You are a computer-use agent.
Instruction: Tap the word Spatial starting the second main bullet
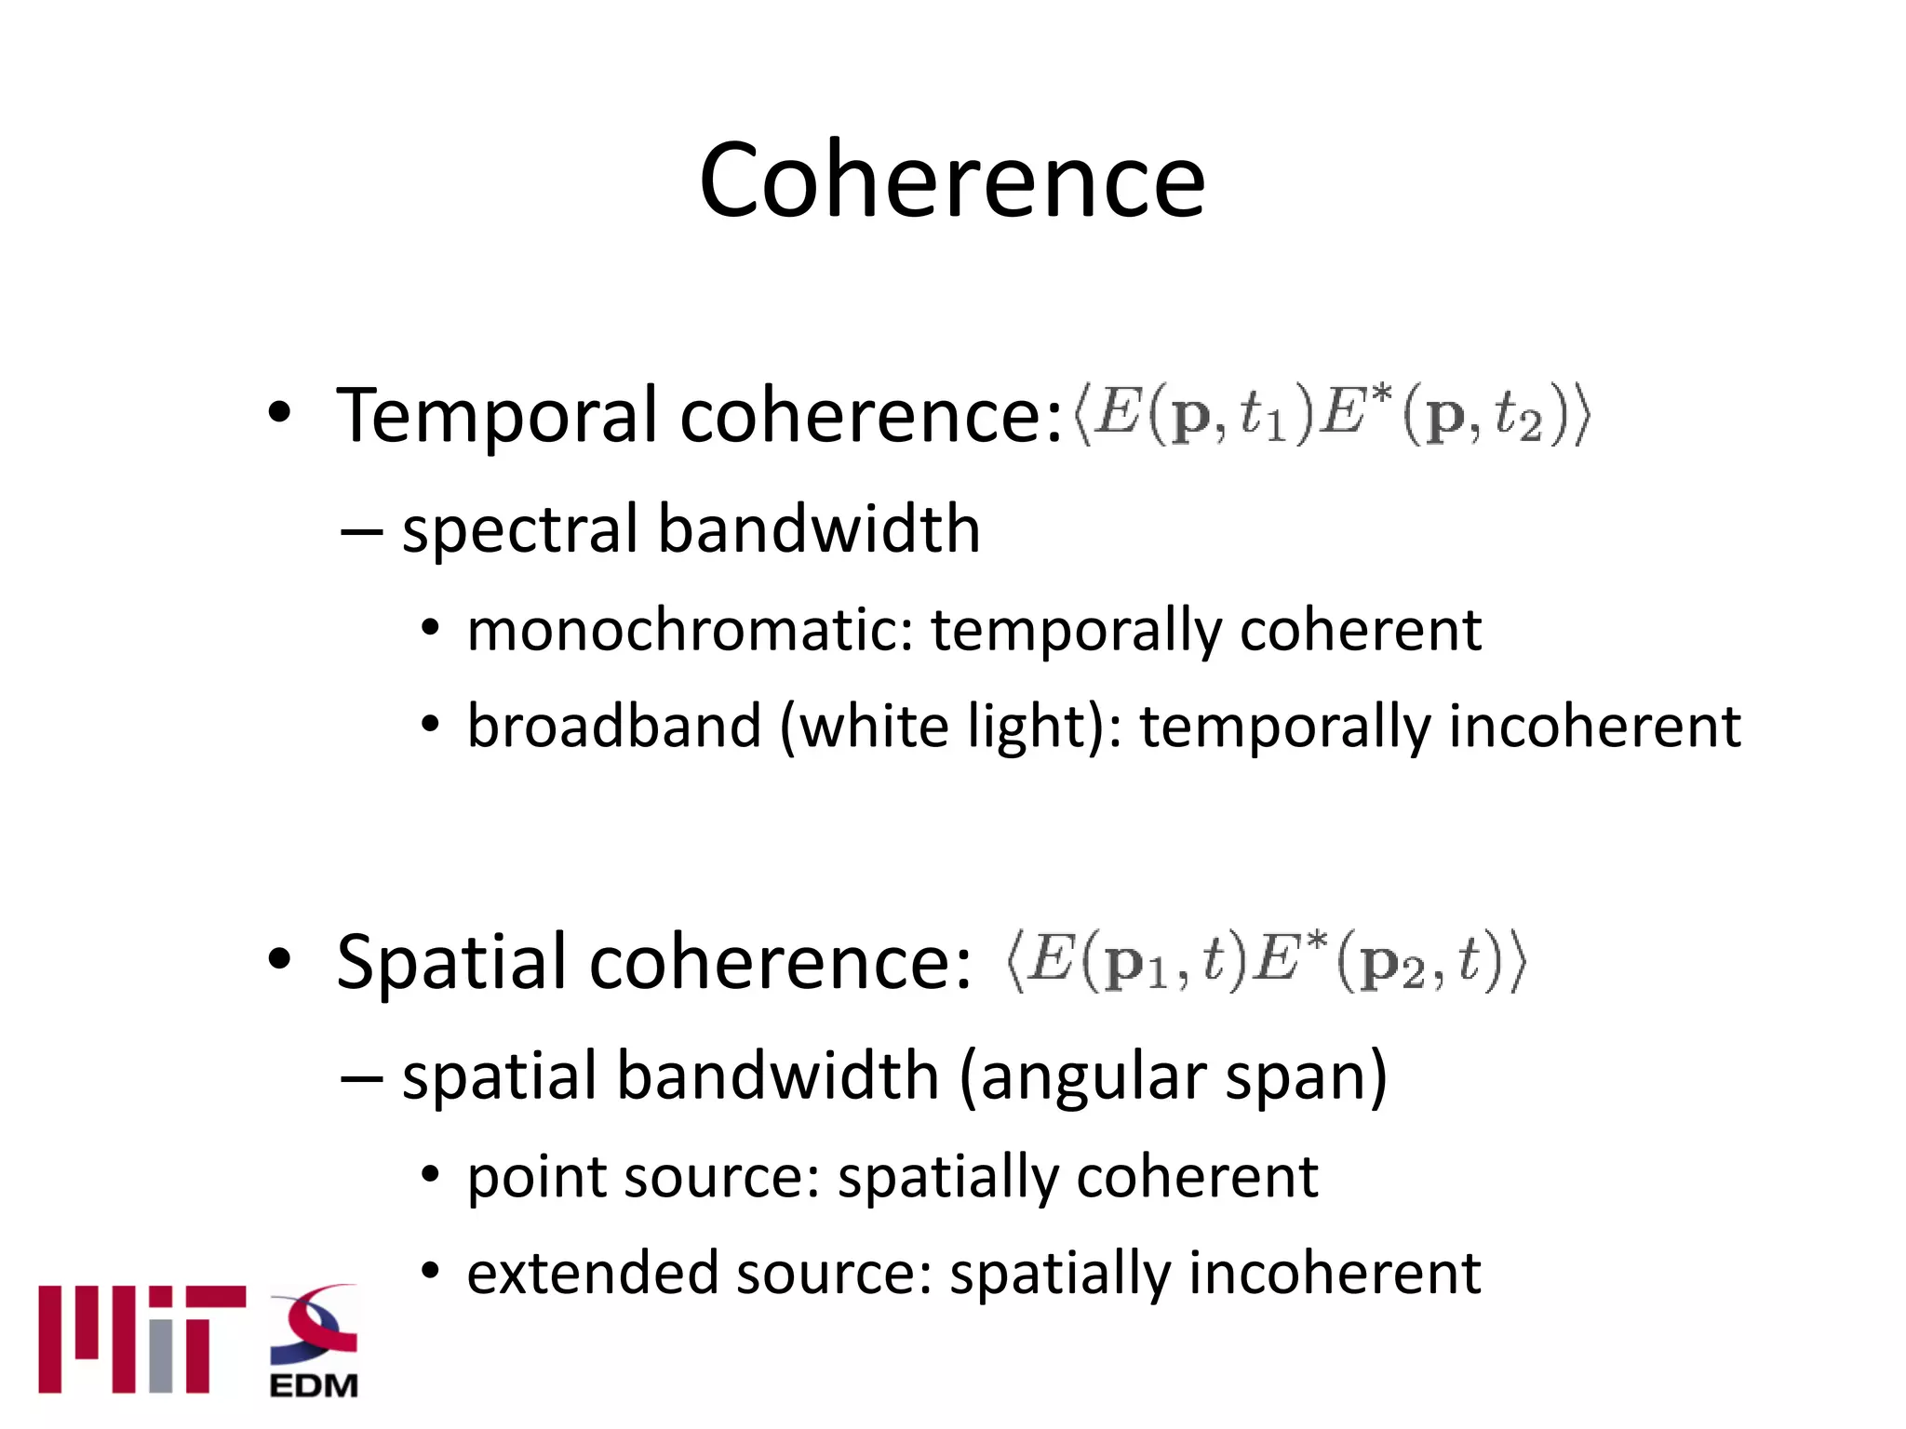point(452,962)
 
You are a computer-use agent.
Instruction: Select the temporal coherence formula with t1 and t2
point(1332,415)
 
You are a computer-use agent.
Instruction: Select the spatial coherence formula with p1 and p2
point(1266,962)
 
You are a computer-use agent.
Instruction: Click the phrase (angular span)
point(1173,1076)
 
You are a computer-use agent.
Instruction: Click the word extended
point(593,1274)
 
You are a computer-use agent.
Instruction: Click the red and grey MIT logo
point(141,1340)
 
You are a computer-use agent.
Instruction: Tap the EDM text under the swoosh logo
point(314,1385)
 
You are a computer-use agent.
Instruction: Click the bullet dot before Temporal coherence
point(280,412)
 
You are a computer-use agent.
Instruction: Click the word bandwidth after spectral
point(819,530)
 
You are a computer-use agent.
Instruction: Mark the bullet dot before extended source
point(429,1270)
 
